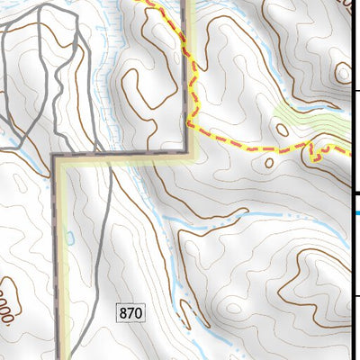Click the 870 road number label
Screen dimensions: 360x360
click(130, 313)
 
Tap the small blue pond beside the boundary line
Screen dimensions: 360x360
click(69, 238)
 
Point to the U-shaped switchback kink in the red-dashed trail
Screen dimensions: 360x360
click(315, 153)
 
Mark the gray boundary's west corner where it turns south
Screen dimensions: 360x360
click(56, 158)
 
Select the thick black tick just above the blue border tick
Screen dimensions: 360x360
click(355, 194)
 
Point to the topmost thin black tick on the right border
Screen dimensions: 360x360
click(355, 90)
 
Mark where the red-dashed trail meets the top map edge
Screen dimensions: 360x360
click(141, 2)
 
